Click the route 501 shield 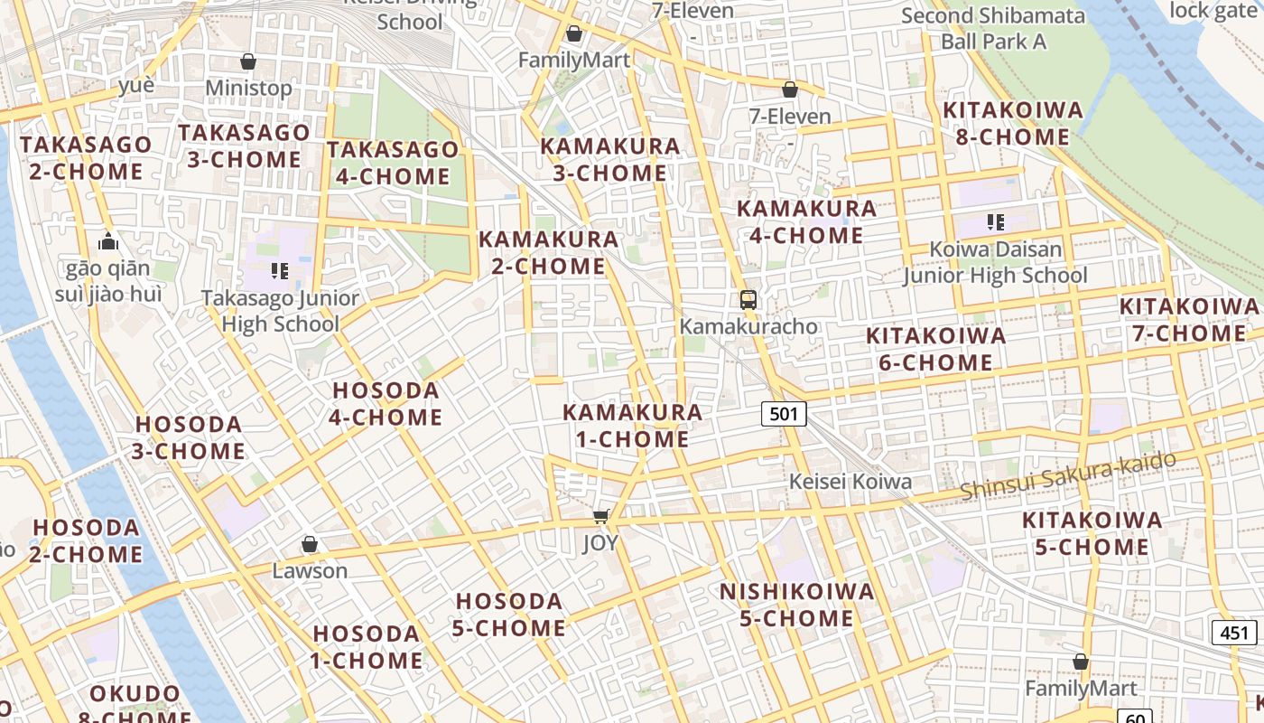tap(784, 414)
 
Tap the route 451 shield tap(1233, 632)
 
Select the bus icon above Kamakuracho tap(748, 299)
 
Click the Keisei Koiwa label tap(850, 482)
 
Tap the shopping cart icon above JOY tap(601, 516)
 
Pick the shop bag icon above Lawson tap(310, 544)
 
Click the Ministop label tap(248, 88)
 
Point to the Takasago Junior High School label tap(280, 311)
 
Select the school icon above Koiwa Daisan tap(996, 221)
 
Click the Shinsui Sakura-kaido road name tap(1068, 475)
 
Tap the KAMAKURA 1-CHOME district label tap(632, 426)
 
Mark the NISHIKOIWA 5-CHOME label tap(796, 605)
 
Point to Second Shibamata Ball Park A tap(993, 28)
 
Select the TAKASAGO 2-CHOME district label tap(86, 158)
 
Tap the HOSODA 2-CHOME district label tap(87, 540)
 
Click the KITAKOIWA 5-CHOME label tap(1092, 533)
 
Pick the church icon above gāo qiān tap(108, 241)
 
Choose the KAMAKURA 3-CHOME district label tap(609, 159)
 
